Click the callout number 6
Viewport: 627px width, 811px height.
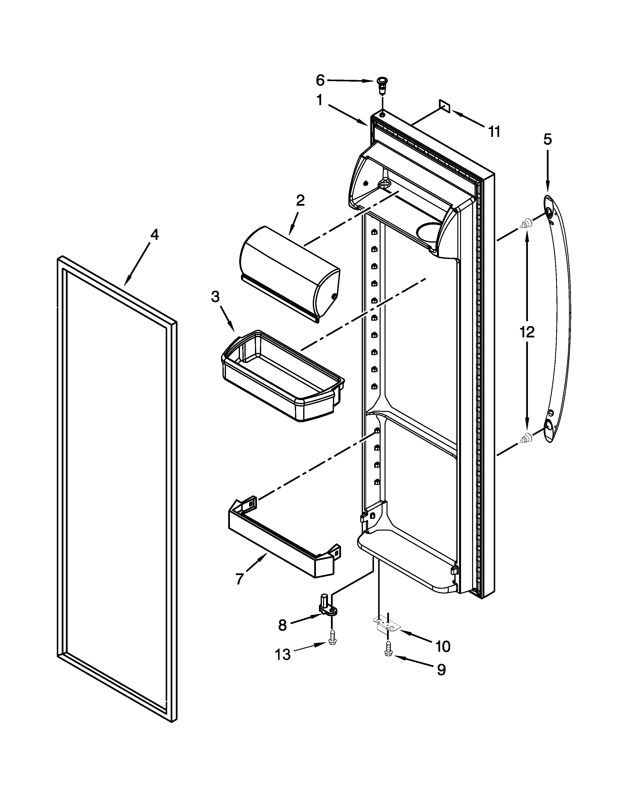tap(320, 80)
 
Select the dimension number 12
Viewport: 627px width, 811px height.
tap(527, 332)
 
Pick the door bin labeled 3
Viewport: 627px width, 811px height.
tap(282, 375)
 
